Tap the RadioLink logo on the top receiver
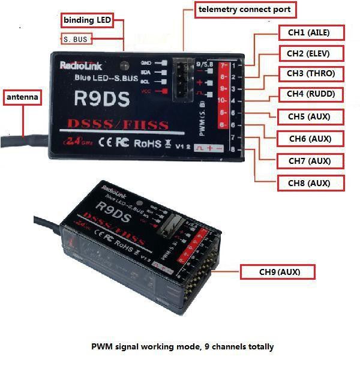click(x=79, y=66)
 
